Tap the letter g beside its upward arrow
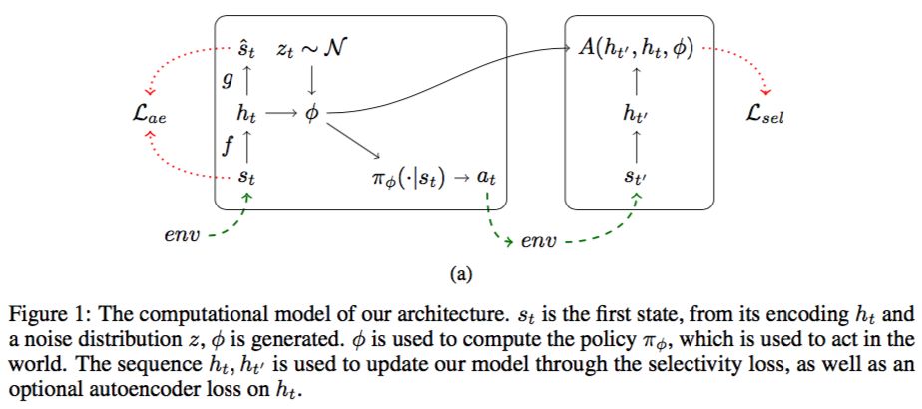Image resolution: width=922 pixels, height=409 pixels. [x=228, y=80]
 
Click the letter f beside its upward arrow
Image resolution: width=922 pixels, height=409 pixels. [x=228, y=146]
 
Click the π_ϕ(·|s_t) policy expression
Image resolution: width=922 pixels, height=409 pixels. [x=408, y=179]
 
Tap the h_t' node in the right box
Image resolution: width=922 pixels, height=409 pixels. [x=636, y=114]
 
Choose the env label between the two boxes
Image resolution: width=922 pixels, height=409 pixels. [x=541, y=242]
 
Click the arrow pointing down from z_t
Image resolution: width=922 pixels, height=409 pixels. [x=312, y=78]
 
